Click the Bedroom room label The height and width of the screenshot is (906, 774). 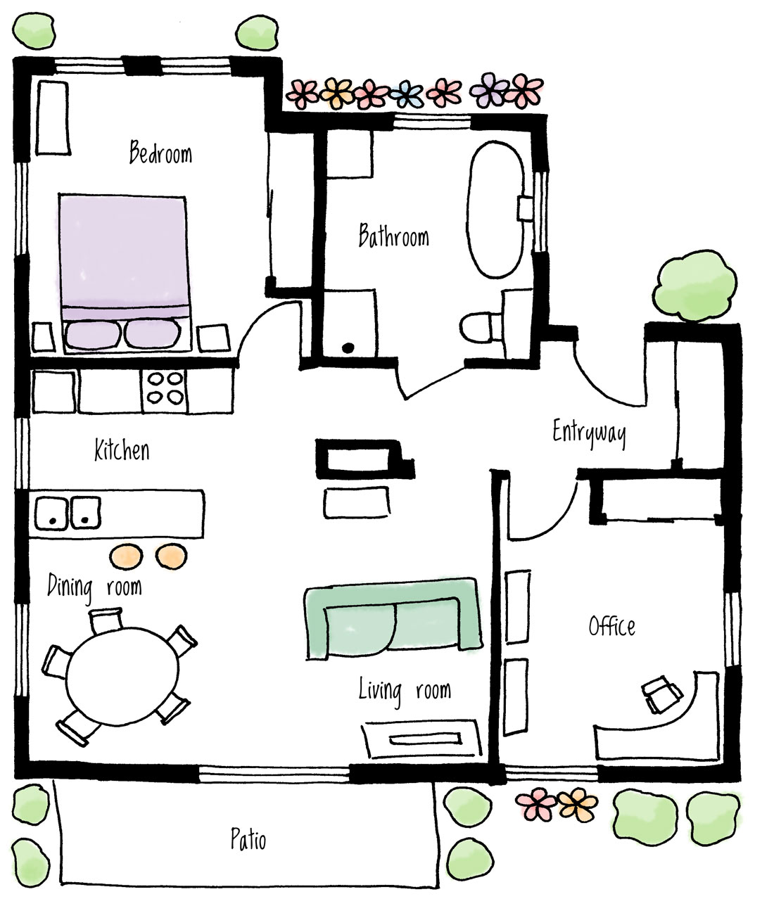tap(160, 153)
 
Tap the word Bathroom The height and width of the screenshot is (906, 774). tap(393, 236)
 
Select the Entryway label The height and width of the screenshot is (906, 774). tap(589, 433)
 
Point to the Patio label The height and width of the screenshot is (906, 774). tap(248, 839)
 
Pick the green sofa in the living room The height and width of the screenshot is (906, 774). tap(393, 618)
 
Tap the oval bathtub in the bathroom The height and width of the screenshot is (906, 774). tap(495, 209)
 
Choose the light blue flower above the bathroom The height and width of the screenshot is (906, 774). tap(405, 93)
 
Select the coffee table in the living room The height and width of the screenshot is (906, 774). tap(421, 739)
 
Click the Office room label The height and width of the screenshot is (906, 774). tap(611, 626)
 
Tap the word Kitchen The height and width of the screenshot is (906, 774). tap(122, 450)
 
